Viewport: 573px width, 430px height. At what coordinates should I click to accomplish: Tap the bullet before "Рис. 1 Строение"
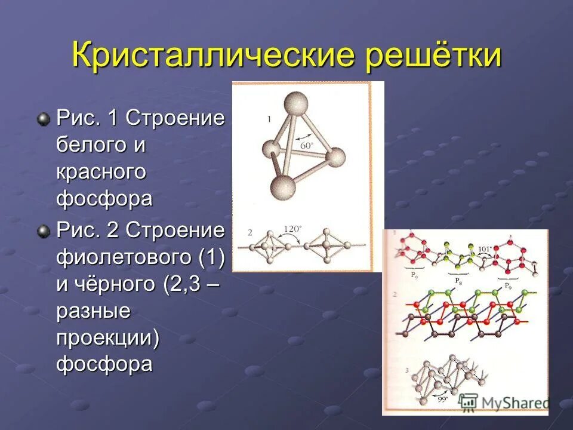(x=44, y=119)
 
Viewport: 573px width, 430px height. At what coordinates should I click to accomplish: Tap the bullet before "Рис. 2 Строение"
(x=44, y=232)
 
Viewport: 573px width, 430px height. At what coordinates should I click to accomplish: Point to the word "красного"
(x=101, y=172)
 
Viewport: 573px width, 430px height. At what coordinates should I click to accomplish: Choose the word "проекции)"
(x=107, y=337)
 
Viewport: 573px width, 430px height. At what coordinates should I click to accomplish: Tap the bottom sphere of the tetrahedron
(x=282, y=187)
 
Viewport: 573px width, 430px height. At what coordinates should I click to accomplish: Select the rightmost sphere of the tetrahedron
(x=334, y=158)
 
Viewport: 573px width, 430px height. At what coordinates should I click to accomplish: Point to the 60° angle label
(x=306, y=145)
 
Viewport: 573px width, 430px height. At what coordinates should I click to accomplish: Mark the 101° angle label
(x=485, y=249)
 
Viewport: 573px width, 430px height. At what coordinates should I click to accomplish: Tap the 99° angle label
(x=442, y=399)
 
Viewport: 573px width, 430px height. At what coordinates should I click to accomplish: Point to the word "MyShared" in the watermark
(x=514, y=403)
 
